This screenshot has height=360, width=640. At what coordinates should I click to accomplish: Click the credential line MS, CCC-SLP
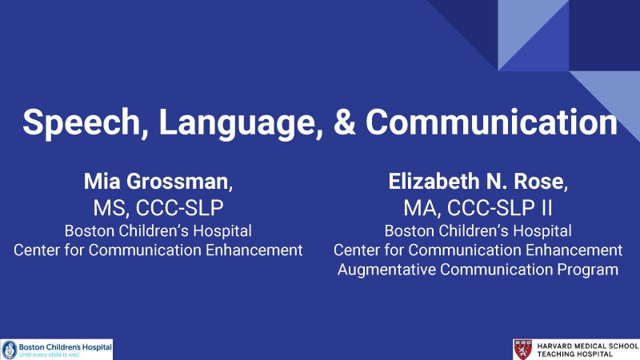158,209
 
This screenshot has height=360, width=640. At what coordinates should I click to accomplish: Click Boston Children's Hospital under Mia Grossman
158,231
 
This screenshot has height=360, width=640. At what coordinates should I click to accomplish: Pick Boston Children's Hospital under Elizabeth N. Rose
478,231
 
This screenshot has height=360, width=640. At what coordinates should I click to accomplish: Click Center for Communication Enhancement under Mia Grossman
158,250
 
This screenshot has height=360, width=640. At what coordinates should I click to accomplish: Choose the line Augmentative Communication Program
478,270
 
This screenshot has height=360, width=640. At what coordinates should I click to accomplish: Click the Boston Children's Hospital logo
57,349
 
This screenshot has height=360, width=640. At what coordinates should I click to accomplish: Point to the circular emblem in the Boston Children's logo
10,349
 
